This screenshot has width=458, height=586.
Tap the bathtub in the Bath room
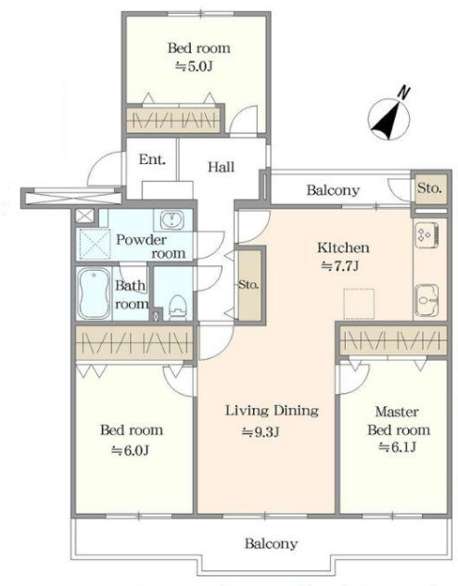point(94,294)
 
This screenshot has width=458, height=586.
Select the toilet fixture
point(177,307)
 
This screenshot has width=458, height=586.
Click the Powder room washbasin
point(172,220)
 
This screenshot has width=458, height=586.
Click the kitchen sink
point(427,299)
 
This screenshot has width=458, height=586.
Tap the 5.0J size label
point(195,67)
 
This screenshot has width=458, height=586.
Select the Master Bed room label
point(399,420)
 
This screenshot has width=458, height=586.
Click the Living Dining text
point(272,411)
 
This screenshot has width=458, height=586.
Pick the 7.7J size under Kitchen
point(340,266)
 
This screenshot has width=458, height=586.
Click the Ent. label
point(152,159)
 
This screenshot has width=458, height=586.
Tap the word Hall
point(222,167)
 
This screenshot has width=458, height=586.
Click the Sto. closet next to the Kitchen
point(249,286)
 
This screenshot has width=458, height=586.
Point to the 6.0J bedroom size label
point(130,451)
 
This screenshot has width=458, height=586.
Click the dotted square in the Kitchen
point(359,304)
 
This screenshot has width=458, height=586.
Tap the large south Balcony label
point(272,543)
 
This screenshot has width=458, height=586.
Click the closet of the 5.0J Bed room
point(172,120)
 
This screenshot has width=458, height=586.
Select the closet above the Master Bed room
point(394,340)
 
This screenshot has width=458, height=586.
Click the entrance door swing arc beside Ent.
point(98,163)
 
